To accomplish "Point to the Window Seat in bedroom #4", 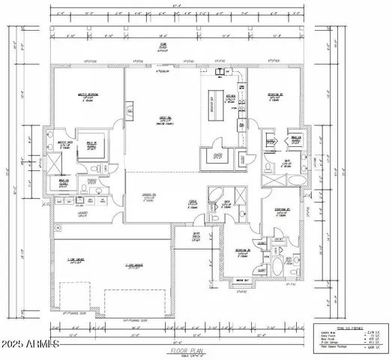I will (242, 280).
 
